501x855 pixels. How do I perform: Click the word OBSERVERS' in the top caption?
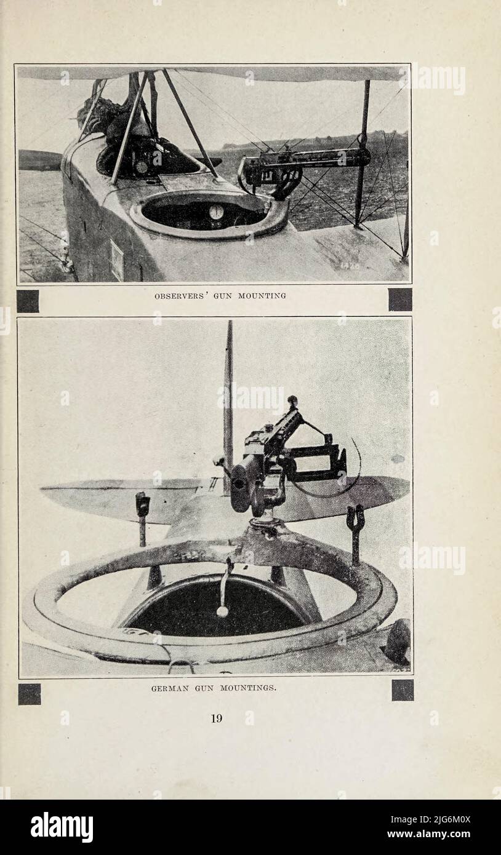(x=178, y=296)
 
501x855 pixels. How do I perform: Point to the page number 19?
(x=217, y=718)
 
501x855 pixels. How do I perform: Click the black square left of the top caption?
(x=28, y=301)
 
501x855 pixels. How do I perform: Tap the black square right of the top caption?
(x=400, y=300)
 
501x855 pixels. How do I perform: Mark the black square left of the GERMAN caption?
(x=29, y=694)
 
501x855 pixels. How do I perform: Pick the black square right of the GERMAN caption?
(x=403, y=690)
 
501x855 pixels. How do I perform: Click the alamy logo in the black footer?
(x=62, y=827)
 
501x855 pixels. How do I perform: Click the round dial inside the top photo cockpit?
(x=216, y=212)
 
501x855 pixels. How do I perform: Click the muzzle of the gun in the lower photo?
(x=239, y=483)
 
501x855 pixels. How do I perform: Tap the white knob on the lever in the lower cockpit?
(x=222, y=611)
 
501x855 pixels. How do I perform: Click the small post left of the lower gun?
(x=142, y=514)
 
